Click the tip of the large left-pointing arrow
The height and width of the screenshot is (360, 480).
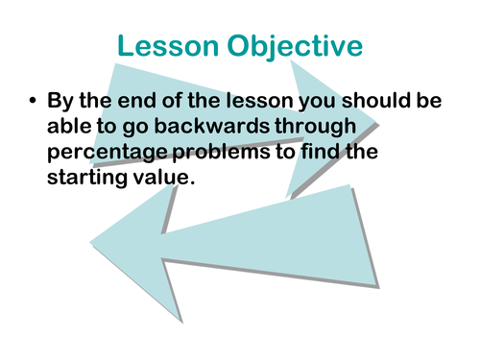93,236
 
